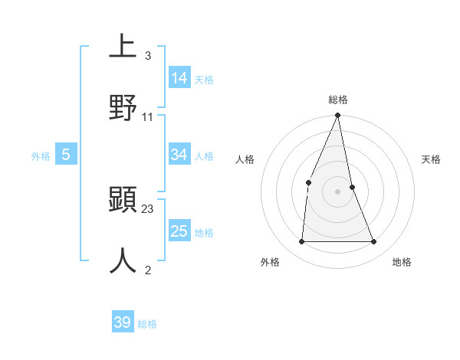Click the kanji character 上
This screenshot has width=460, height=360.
(123, 47)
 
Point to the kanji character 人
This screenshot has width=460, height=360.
(123, 260)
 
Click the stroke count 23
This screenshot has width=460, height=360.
(148, 208)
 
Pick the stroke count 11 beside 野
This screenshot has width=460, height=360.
(148, 116)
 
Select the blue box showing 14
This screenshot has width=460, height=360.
(179, 78)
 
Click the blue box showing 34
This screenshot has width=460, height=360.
(179, 155)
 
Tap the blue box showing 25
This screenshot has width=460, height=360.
(179, 231)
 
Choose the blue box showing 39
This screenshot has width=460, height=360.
(123, 322)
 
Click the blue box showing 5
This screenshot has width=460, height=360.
(66, 155)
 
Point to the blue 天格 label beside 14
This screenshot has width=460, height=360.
(204, 80)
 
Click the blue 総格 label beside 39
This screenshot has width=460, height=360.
(147, 324)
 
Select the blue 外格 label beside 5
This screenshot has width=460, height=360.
(41, 156)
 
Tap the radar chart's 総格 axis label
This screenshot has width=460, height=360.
(338, 100)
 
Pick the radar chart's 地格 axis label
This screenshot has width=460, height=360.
(402, 262)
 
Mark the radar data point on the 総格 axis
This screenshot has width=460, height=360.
(338, 116)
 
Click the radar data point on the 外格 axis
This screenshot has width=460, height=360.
(301, 242)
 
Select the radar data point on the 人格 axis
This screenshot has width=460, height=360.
(308, 182)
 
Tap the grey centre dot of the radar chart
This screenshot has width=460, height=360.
(338, 191)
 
